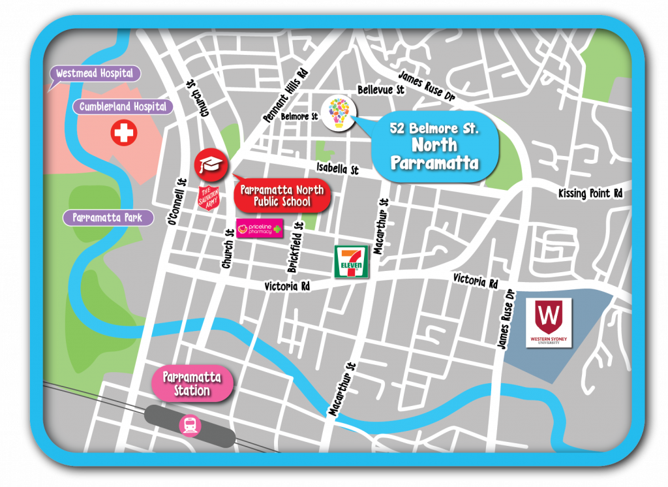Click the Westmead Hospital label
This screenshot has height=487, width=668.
pyautogui.click(x=95, y=73)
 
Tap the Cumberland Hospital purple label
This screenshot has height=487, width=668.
pyautogui.click(x=123, y=106)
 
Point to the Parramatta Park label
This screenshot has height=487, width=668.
pyautogui.click(x=108, y=217)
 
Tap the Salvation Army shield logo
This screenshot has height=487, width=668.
pyautogui.click(x=210, y=198)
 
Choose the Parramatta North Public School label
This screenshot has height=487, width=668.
pyautogui.click(x=282, y=196)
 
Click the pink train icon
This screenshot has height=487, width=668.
pyautogui.click(x=190, y=426)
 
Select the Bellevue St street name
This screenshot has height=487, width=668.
pyautogui.click(x=376, y=89)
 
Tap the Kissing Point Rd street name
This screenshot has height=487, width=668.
pyautogui.click(x=590, y=193)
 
